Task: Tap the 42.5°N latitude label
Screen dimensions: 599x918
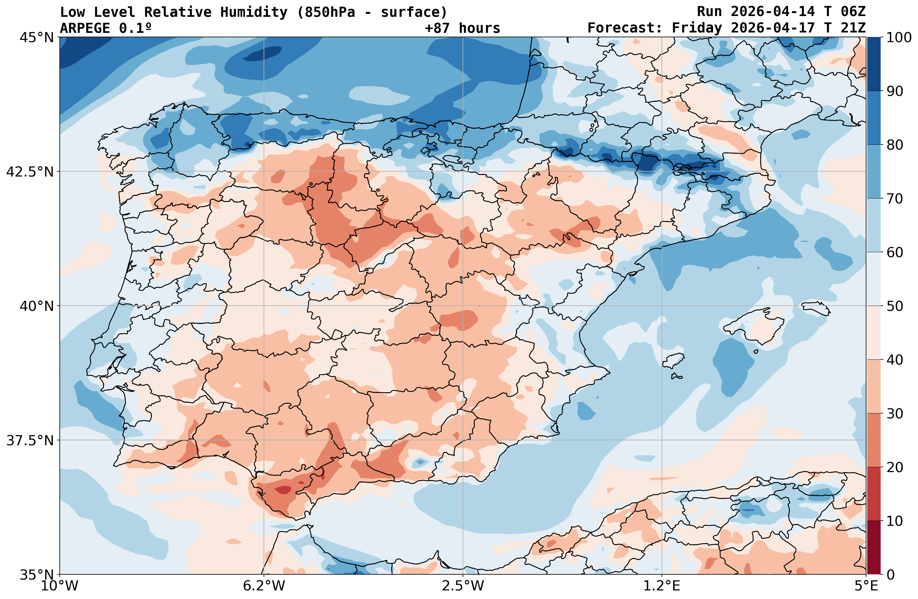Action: click(30, 172)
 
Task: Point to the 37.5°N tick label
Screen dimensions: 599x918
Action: click(30, 440)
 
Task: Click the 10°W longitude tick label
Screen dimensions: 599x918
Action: click(60, 586)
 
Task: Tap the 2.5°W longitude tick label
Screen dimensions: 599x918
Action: click(463, 586)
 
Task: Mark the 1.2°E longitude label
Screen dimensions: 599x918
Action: click(662, 586)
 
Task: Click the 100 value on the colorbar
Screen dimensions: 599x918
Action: click(899, 38)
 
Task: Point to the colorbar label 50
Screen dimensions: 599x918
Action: click(894, 306)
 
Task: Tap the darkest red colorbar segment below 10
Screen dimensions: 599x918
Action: click(874, 548)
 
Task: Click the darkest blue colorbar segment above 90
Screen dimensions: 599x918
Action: click(874, 64)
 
